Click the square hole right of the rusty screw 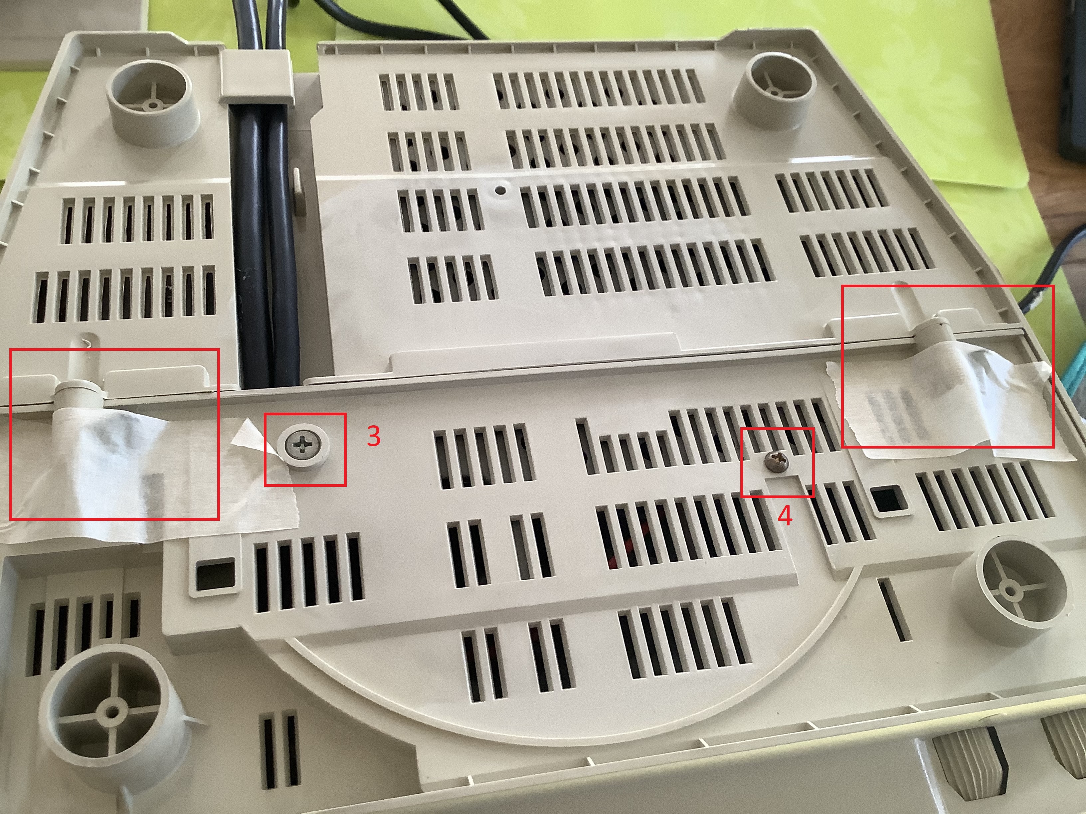(x=890, y=499)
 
